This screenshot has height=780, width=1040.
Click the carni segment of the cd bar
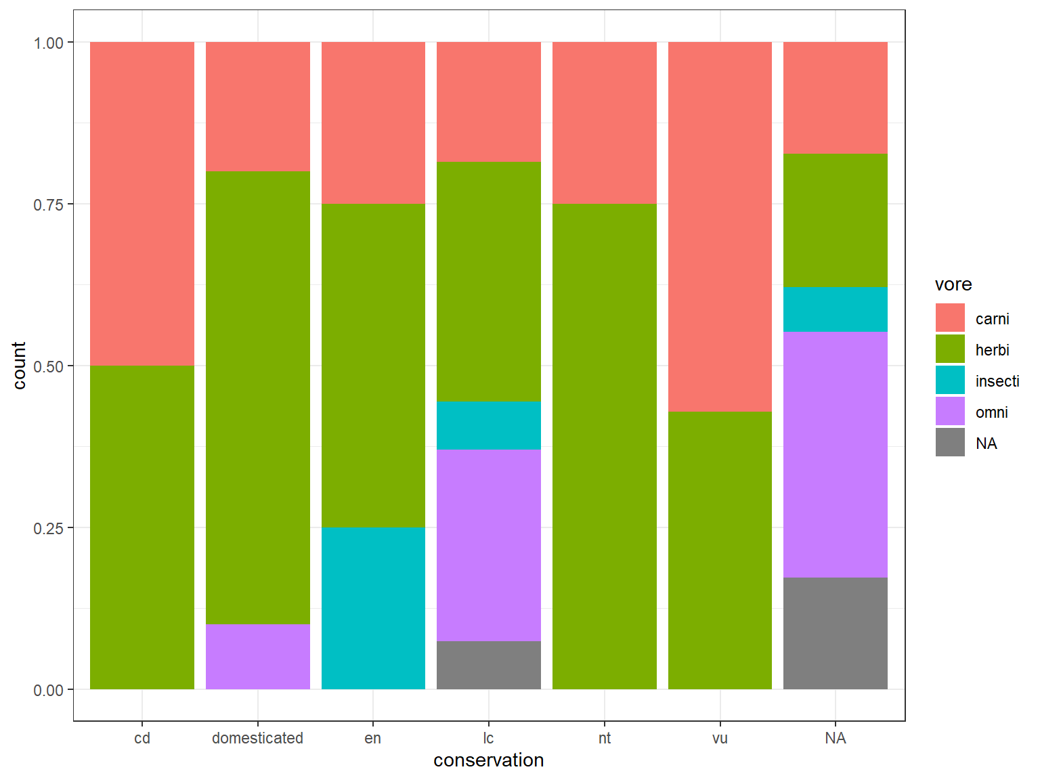142,203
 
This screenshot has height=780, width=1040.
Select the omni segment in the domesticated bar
258,656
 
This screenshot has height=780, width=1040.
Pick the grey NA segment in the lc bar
489,665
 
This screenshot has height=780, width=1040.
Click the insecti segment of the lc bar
489,425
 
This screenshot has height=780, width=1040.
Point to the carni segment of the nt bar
605,123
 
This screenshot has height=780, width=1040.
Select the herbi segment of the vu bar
720,550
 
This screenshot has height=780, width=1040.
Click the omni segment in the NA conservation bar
836,454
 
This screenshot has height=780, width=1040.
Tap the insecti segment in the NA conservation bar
836,309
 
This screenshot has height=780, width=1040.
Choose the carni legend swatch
950,318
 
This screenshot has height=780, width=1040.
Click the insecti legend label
997,381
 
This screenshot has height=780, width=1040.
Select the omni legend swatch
950,412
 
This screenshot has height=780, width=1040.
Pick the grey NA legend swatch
950,443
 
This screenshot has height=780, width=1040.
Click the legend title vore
953,284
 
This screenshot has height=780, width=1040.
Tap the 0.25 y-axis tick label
49,528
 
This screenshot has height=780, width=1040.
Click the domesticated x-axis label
257,738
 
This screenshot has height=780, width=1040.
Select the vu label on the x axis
720,738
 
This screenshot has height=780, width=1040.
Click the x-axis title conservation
488,760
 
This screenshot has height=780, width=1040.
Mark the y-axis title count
19,366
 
